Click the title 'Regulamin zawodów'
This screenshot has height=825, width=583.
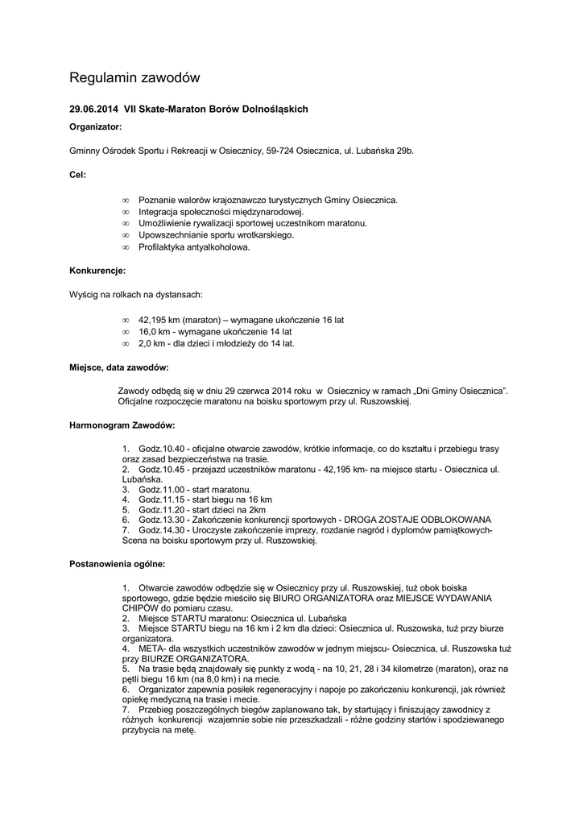point(134,78)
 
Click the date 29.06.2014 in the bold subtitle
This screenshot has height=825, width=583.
point(93,109)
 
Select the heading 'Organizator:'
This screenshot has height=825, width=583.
point(95,127)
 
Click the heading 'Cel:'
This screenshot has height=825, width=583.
point(77,174)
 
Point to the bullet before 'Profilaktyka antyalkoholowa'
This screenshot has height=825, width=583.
point(125,247)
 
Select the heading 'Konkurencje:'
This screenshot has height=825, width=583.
point(97,271)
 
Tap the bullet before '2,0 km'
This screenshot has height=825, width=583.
point(125,343)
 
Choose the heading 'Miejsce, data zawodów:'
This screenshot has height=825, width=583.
point(118,367)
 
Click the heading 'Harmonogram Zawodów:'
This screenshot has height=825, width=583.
point(122,424)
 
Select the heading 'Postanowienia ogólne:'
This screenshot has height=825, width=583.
point(118,563)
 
